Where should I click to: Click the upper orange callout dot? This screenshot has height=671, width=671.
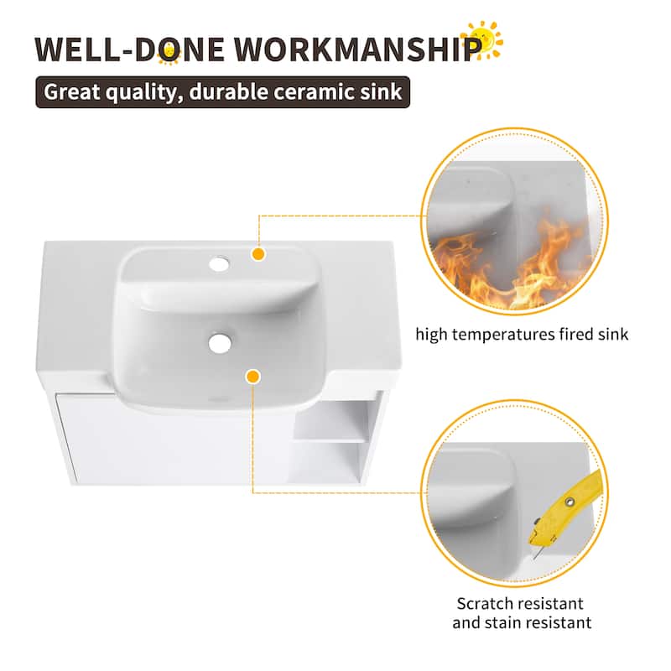point(258,253)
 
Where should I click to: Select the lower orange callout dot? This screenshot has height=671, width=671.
point(252,377)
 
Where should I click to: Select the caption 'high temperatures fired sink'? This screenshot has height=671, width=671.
point(523,335)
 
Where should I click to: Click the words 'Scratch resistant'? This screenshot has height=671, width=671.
point(520,603)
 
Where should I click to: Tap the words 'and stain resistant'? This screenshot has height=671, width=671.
point(522,622)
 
